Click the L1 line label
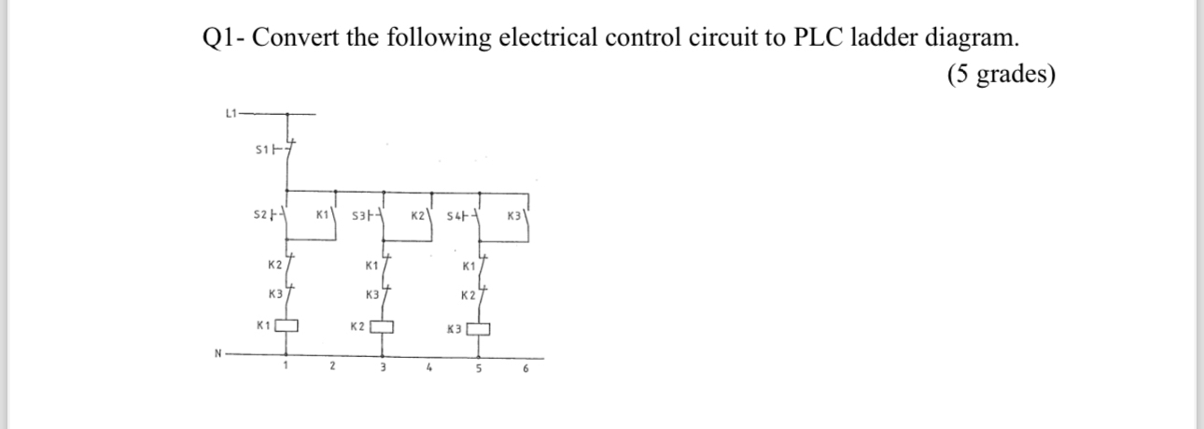[231, 114]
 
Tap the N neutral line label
[217, 353]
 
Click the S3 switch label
[360, 217]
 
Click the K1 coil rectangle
[289, 326]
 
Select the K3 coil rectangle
[480, 328]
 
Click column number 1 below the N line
[285, 367]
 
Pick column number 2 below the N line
[331, 367]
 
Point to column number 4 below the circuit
[428, 367]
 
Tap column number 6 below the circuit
[525, 368]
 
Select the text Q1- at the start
[223, 38]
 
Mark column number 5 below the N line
[478, 368]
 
